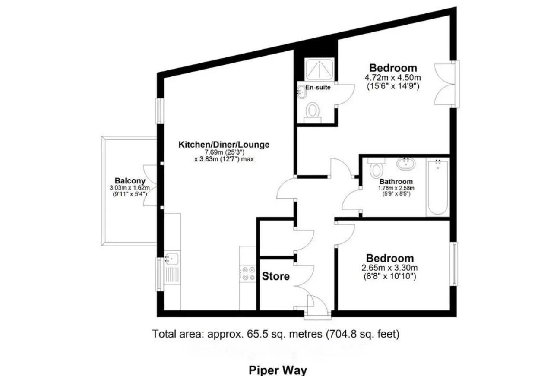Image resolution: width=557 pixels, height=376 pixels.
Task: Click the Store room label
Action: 276,276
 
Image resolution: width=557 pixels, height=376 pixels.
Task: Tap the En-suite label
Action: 318,88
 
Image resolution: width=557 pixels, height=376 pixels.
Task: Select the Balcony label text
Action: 130,180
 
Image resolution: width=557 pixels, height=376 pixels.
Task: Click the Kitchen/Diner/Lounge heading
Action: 224,145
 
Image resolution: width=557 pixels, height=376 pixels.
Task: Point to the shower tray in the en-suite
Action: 320,69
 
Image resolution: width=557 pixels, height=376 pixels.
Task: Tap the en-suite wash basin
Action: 302,92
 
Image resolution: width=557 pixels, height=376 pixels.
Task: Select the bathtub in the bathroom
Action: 438,187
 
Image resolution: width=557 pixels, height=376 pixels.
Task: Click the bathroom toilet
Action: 376,167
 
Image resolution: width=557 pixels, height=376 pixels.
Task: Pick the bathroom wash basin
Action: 406,164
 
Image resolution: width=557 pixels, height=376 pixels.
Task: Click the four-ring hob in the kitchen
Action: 249,273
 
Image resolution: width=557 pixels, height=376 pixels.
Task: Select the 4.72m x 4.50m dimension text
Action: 393,78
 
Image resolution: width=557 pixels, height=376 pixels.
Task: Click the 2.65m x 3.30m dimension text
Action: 389,268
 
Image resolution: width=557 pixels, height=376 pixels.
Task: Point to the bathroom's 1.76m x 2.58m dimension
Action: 396,188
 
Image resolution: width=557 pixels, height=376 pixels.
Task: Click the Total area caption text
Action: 276,334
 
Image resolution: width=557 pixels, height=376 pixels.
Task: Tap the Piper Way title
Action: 278,370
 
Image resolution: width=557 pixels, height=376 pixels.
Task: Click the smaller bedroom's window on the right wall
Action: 455,264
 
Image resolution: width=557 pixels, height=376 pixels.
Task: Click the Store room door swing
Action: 304,276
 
